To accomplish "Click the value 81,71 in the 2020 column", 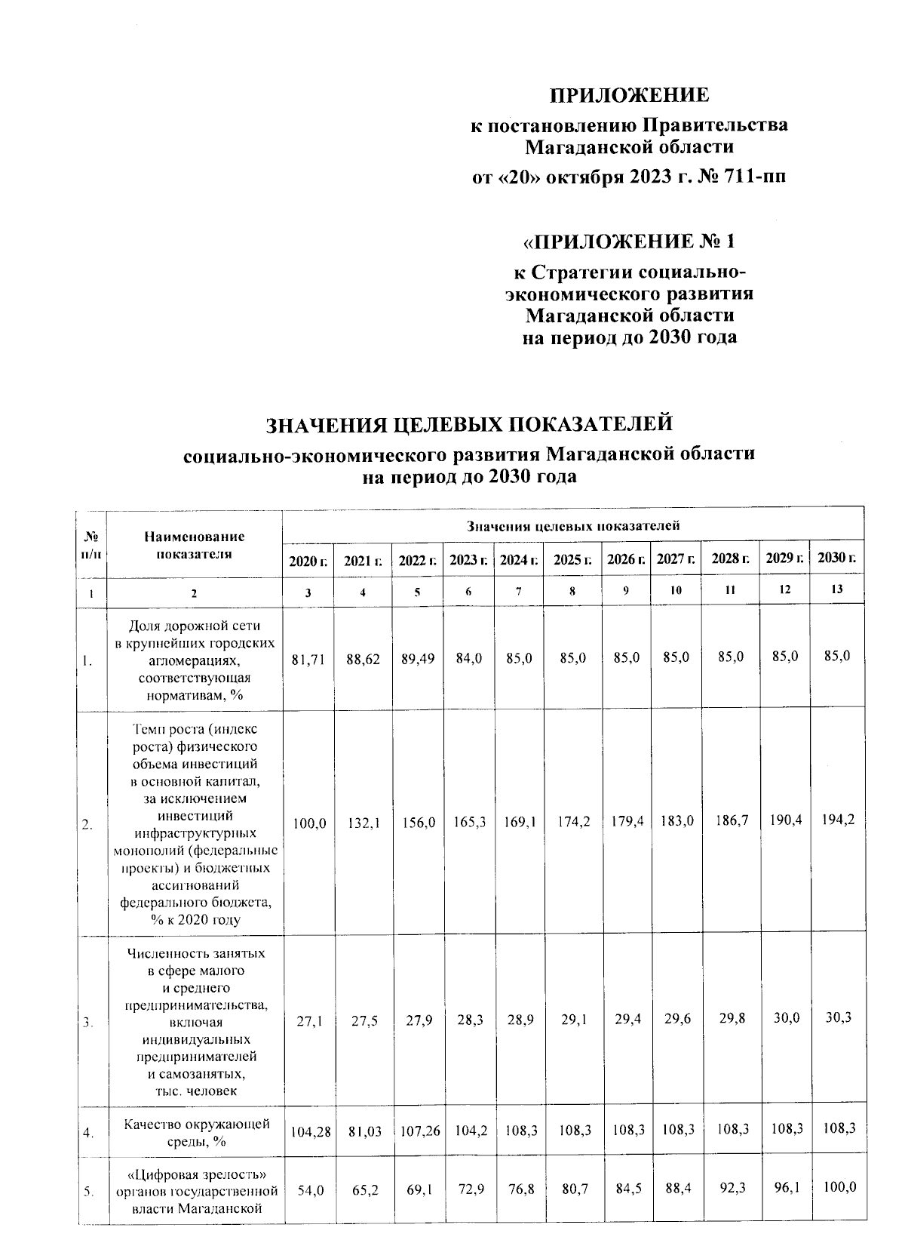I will tap(308, 659).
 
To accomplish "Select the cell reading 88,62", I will tap(363, 659).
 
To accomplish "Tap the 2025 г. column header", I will tap(572, 560).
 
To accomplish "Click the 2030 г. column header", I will tap(836, 558).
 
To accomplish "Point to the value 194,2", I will tap(839, 820).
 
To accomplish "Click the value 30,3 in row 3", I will tap(839, 1017).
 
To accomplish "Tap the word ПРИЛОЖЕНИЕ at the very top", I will tap(629, 95).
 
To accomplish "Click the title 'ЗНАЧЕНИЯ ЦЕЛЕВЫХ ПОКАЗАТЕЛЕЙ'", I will tap(468, 425).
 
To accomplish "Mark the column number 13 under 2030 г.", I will tap(836, 589).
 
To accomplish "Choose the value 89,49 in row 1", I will tap(418, 659).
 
